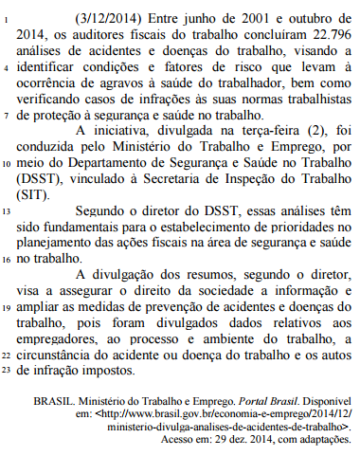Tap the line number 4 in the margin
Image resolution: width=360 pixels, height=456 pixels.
point(8,67)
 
